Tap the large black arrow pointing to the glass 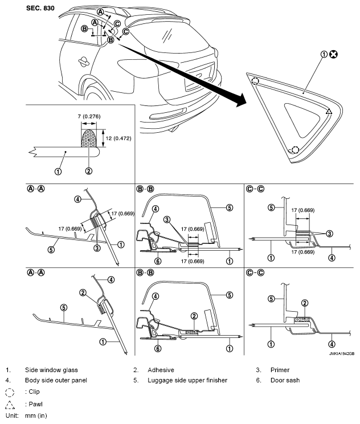[x=188, y=77]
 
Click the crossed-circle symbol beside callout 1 [x=333, y=55]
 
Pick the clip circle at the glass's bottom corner [x=294, y=150]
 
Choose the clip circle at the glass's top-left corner [x=255, y=81]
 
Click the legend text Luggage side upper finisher [x=187, y=380]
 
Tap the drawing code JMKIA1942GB [x=340, y=353]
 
